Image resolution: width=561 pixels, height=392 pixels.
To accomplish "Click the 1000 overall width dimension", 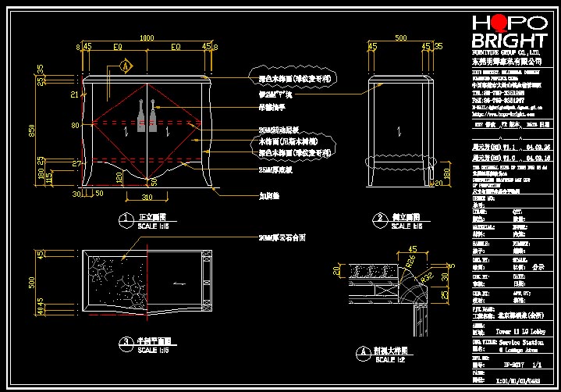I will [146, 37].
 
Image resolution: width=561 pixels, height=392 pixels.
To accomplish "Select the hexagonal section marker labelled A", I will [124, 67].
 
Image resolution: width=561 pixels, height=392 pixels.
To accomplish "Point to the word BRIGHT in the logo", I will [510, 41].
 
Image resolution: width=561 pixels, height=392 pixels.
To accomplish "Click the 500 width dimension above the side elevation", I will [400, 37].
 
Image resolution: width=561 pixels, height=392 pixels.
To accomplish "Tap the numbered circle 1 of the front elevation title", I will [123, 218].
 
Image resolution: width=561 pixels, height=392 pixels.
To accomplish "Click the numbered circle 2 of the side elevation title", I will [379, 218].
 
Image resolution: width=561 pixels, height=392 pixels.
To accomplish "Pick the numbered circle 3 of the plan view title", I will [124, 342].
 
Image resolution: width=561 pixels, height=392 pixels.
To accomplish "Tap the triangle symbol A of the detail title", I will [358, 353].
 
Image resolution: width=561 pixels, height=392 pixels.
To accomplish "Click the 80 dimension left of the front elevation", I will [75, 125].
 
